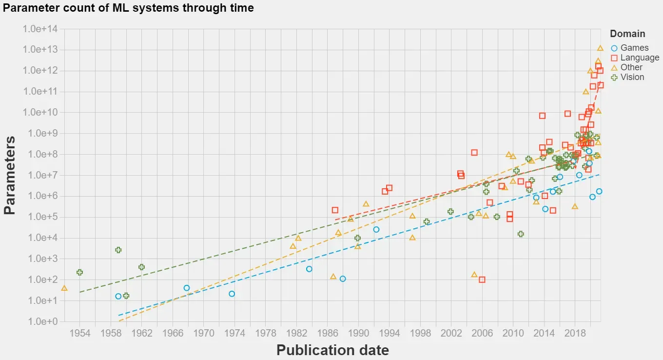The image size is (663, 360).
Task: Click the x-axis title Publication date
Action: pos(332,350)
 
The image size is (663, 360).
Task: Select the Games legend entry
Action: pos(634,48)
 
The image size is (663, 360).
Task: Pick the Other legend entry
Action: pos(631,67)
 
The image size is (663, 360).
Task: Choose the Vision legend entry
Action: pos(632,77)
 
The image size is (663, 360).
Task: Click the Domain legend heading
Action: pos(627,34)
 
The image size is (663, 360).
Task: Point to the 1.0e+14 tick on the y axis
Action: pos(40,29)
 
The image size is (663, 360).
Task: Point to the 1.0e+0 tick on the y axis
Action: pos(40,322)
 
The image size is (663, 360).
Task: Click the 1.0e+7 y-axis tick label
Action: pos(40,176)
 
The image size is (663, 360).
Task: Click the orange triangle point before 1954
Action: pos(64,288)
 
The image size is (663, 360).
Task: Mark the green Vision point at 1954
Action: pos(79,272)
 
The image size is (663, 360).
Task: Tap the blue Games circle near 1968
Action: pos(187,288)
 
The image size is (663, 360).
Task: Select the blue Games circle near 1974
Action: pos(232,294)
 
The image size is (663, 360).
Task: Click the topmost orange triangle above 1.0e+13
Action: pos(600,48)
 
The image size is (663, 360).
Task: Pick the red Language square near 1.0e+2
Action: pos(482,280)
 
